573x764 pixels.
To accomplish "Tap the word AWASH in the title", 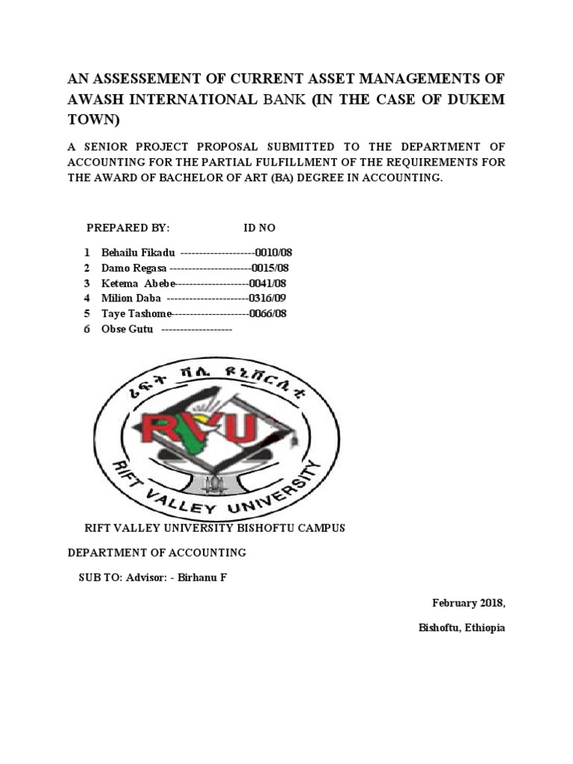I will click(x=96, y=100).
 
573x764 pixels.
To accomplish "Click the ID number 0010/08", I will click(x=272, y=253).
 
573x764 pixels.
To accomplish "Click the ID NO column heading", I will click(x=260, y=228).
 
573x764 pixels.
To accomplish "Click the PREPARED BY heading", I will click(x=128, y=228).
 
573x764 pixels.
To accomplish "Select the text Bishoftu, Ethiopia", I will click(x=462, y=627).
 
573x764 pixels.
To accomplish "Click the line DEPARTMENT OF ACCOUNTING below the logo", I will click(x=157, y=553).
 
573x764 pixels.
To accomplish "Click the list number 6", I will click(x=87, y=329).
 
